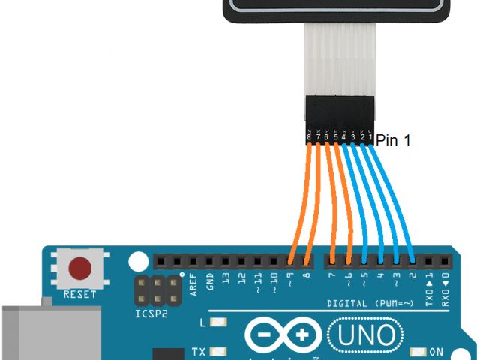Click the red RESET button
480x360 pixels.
click(80, 268)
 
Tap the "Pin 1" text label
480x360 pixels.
click(393, 139)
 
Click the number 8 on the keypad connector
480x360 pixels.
click(309, 137)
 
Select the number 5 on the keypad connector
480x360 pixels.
click(335, 137)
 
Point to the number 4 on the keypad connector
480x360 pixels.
click(343, 137)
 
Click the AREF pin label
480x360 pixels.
click(193, 283)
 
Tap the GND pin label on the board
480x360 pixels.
click(210, 281)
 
